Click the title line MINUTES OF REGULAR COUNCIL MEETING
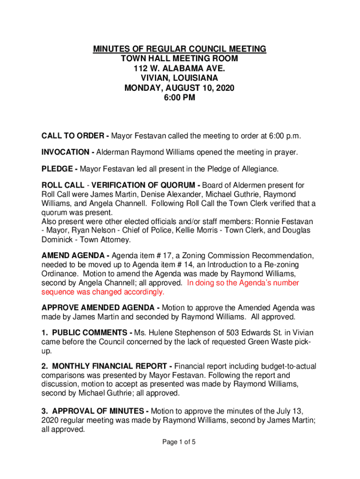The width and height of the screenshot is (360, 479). tap(180, 49)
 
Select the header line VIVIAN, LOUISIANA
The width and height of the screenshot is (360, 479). tap(180, 78)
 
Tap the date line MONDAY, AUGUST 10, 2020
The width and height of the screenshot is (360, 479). tap(180, 88)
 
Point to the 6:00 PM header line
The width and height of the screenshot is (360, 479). tap(180, 98)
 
